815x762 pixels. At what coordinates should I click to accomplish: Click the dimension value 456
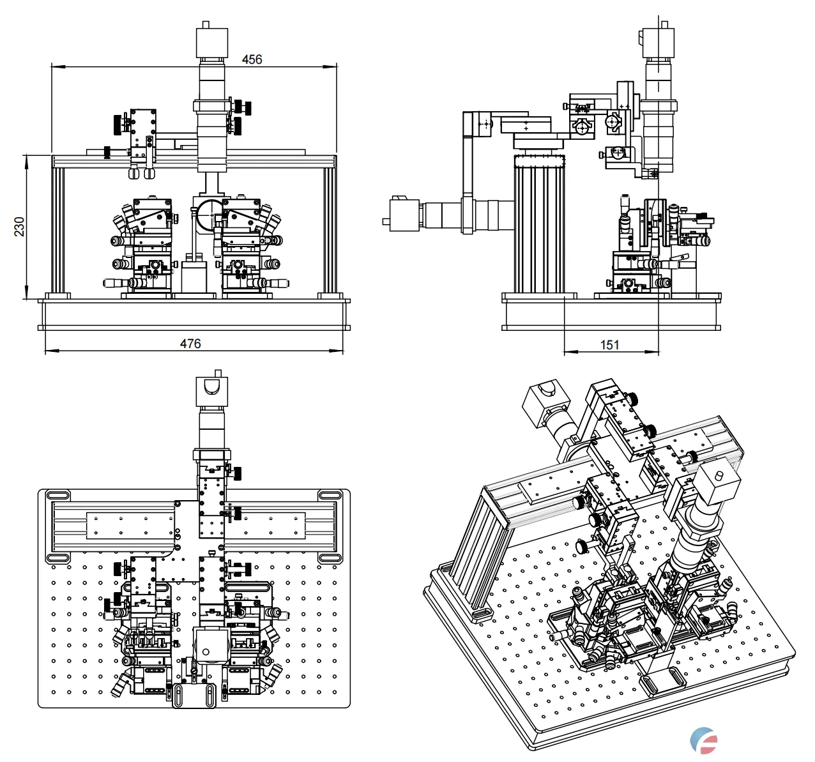[252, 59]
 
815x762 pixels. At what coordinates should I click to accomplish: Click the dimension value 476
[190, 344]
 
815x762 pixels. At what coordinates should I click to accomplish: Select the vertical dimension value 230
[19, 227]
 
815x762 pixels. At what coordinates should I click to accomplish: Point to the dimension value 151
[610, 345]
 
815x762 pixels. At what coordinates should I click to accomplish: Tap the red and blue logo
[704, 740]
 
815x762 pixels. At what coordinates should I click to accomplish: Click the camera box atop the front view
[211, 42]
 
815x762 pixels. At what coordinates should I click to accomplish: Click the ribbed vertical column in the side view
[539, 227]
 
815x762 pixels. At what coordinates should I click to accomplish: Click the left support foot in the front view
[57, 295]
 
